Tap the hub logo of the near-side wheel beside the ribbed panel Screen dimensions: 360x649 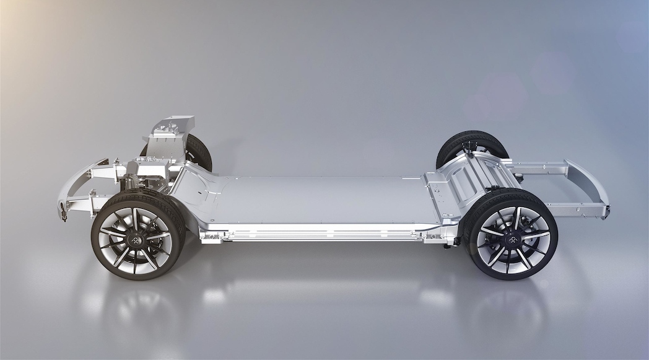(x=512, y=238)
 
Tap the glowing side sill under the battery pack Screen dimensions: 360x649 (x=322, y=234)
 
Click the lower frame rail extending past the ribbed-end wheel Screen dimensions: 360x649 (x=576, y=211)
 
